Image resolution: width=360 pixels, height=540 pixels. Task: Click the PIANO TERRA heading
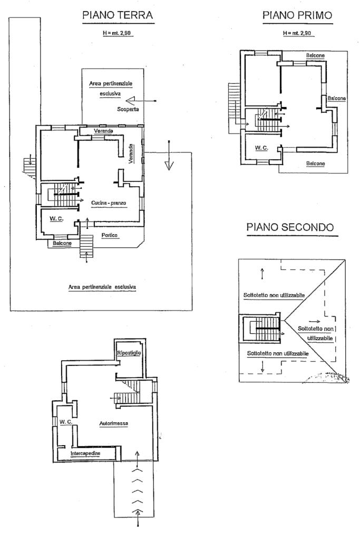pyautogui.click(x=118, y=15)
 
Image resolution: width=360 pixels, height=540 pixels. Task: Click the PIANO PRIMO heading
pyautogui.click(x=297, y=15)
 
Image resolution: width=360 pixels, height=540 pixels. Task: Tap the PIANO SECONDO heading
pyautogui.click(x=290, y=227)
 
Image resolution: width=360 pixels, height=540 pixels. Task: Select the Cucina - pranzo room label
pyautogui.click(x=109, y=203)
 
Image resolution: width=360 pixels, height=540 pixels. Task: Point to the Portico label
pyautogui.click(x=110, y=235)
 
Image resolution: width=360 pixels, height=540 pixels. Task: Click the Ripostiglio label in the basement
pyautogui.click(x=129, y=353)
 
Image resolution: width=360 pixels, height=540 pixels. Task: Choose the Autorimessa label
pyautogui.click(x=114, y=423)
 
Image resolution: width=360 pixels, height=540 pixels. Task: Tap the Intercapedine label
pyautogui.click(x=85, y=453)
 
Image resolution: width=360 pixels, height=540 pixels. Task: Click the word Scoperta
pyautogui.click(x=128, y=109)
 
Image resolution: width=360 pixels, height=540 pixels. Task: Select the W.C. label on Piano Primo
pyautogui.click(x=261, y=148)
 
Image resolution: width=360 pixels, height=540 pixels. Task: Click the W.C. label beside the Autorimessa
pyautogui.click(x=65, y=422)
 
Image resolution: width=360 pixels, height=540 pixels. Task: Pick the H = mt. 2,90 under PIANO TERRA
pyautogui.click(x=117, y=33)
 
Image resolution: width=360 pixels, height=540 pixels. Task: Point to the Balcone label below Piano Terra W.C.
pyautogui.click(x=62, y=243)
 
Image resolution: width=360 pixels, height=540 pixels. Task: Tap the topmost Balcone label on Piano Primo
pyautogui.click(x=315, y=55)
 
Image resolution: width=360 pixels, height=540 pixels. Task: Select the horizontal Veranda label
pyautogui.click(x=104, y=131)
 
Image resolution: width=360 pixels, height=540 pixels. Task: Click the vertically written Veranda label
pyautogui.click(x=131, y=153)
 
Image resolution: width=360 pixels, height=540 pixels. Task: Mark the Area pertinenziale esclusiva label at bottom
pyautogui.click(x=102, y=287)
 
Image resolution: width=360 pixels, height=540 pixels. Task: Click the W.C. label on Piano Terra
pyautogui.click(x=56, y=218)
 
